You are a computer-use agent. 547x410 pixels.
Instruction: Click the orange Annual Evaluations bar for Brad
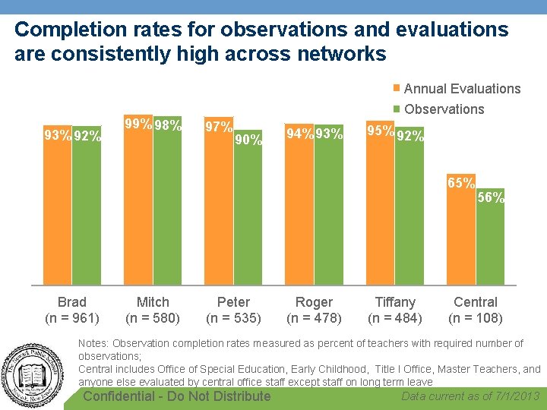coord(57,213)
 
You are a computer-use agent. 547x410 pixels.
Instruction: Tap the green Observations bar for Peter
coord(248,213)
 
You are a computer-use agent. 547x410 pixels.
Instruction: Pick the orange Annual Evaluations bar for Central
coord(461,235)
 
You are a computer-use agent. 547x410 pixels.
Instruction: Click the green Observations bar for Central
coord(490,243)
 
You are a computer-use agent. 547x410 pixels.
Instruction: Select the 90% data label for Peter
coord(248,139)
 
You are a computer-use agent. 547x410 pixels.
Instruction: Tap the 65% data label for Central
coord(461,183)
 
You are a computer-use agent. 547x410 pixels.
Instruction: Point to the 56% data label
coord(491,197)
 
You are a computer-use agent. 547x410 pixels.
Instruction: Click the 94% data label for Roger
coord(299,134)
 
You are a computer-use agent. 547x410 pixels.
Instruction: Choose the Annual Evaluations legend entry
coord(461,89)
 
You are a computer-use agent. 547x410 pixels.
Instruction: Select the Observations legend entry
coord(444,109)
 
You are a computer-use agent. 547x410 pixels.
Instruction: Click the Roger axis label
coord(314,302)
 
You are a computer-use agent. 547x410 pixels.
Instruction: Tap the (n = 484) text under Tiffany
coord(395,317)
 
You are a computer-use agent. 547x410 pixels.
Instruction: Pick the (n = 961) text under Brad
coord(72,317)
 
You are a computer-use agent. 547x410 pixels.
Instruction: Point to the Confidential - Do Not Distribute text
coord(176,396)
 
